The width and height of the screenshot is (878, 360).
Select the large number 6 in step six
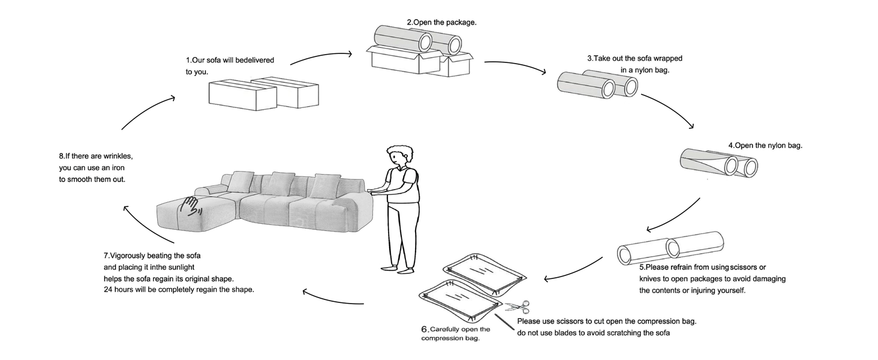(425, 329)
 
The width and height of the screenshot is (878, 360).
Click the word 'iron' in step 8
(117, 167)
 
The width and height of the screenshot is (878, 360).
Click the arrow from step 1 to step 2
(321, 56)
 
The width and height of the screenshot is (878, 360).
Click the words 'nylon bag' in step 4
(783, 145)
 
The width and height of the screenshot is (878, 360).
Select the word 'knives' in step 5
(651, 279)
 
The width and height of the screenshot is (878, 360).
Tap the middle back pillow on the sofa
(281, 182)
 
